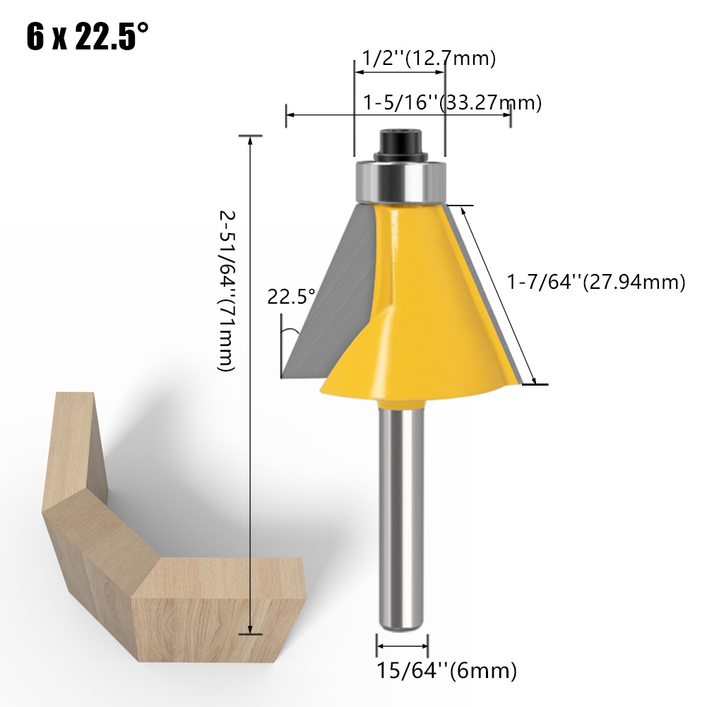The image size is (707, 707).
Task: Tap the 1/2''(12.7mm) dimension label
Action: point(429,58)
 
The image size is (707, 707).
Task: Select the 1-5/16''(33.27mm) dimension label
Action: point(452,103)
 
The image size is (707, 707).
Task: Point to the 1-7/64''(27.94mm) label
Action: point(596,282)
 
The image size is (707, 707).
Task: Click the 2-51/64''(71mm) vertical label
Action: point(227,291)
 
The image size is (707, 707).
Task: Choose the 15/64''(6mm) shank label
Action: point(446,671)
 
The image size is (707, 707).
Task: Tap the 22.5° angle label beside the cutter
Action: point(291,297)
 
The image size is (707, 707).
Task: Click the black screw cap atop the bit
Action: point(400,144)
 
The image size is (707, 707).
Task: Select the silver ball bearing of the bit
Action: point(400,182)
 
